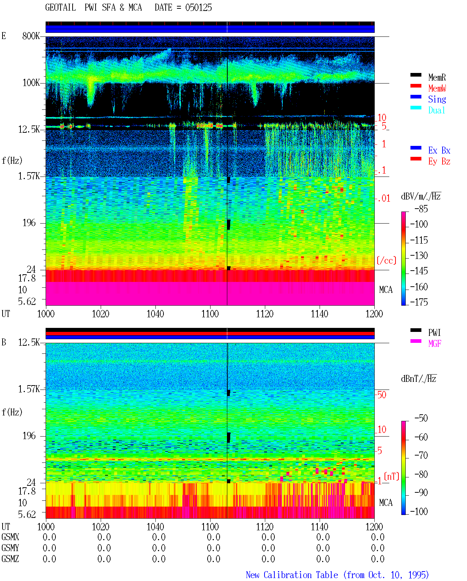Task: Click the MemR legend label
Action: click(x=437, y=77)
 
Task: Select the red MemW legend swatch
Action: click(x=416, y=86)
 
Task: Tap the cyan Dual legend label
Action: click(x=436, y=110)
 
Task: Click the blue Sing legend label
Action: click(x=437, y=99)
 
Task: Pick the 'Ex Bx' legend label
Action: click(x=439, y=150)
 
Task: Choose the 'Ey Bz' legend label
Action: click(x=439, y=162)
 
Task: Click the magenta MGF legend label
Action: click(x=435, y=344)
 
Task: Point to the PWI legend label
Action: click(x=434, y=333)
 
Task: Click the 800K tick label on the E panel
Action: click(x=31, y=36)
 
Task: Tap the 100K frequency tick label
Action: click(x=31, y=83)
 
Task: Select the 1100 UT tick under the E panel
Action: click(x=210, y=314)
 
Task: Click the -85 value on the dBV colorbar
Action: click(x=421, y=209)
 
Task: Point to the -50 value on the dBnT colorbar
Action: click(x=421, y=418)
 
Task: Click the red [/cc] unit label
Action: click(x=386, y=260)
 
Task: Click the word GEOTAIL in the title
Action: click(x=61, y=8)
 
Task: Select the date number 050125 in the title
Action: click(x=198, y=8)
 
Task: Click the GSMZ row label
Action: click(x=10, y=559)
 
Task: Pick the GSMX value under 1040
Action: click(x=159, y=537)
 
